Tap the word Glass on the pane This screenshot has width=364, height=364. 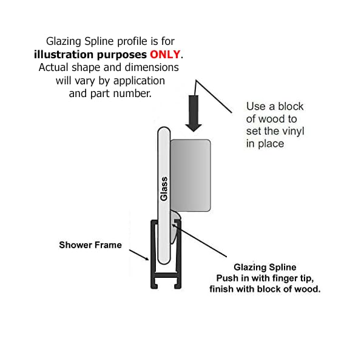[x=164, y=189]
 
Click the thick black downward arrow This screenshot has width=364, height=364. [x=194, y=112]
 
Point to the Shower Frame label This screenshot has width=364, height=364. [x=90, y=245]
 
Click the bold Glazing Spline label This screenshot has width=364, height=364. [x=265, y=267]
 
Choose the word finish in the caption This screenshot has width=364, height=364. [x=223, y=289]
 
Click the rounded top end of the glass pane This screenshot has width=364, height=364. [x=164, y=132]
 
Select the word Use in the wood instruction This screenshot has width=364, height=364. [x=255, y=106]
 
